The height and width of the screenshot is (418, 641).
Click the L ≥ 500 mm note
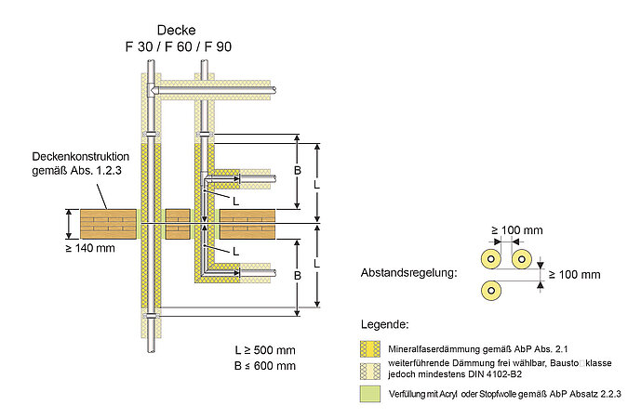tap(265, 349)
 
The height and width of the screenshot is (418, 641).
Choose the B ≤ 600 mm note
tap(265, 366)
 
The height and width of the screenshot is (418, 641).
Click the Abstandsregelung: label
tap(408, 274)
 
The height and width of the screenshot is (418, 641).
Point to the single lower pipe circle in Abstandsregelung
tap(489, 290)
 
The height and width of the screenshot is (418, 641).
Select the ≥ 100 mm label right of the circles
tap(574, 275)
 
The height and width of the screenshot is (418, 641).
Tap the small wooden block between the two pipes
tap(178, 224)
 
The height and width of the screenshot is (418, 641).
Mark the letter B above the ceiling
tap(297, 172)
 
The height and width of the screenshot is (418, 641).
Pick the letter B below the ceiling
tap(297, 275)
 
